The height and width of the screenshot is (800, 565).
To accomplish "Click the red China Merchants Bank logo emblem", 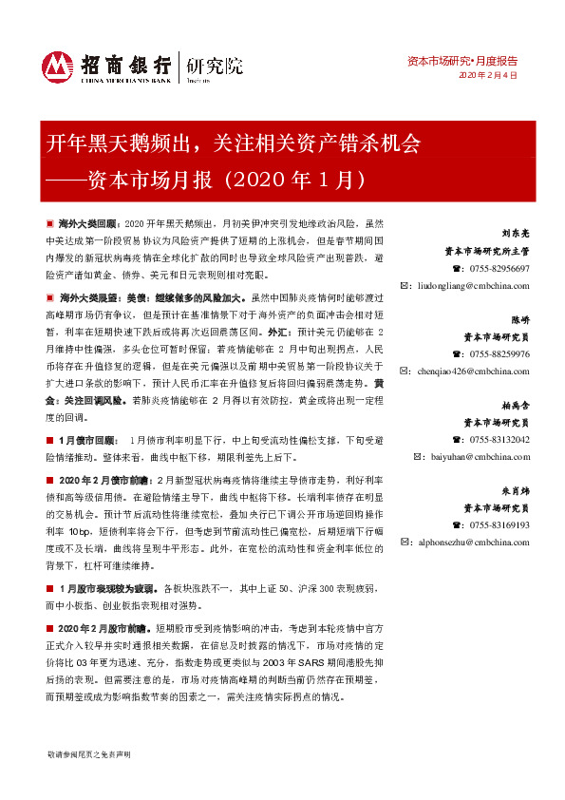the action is point(57,67).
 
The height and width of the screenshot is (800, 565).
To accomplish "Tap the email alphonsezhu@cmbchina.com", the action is point(470,543).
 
